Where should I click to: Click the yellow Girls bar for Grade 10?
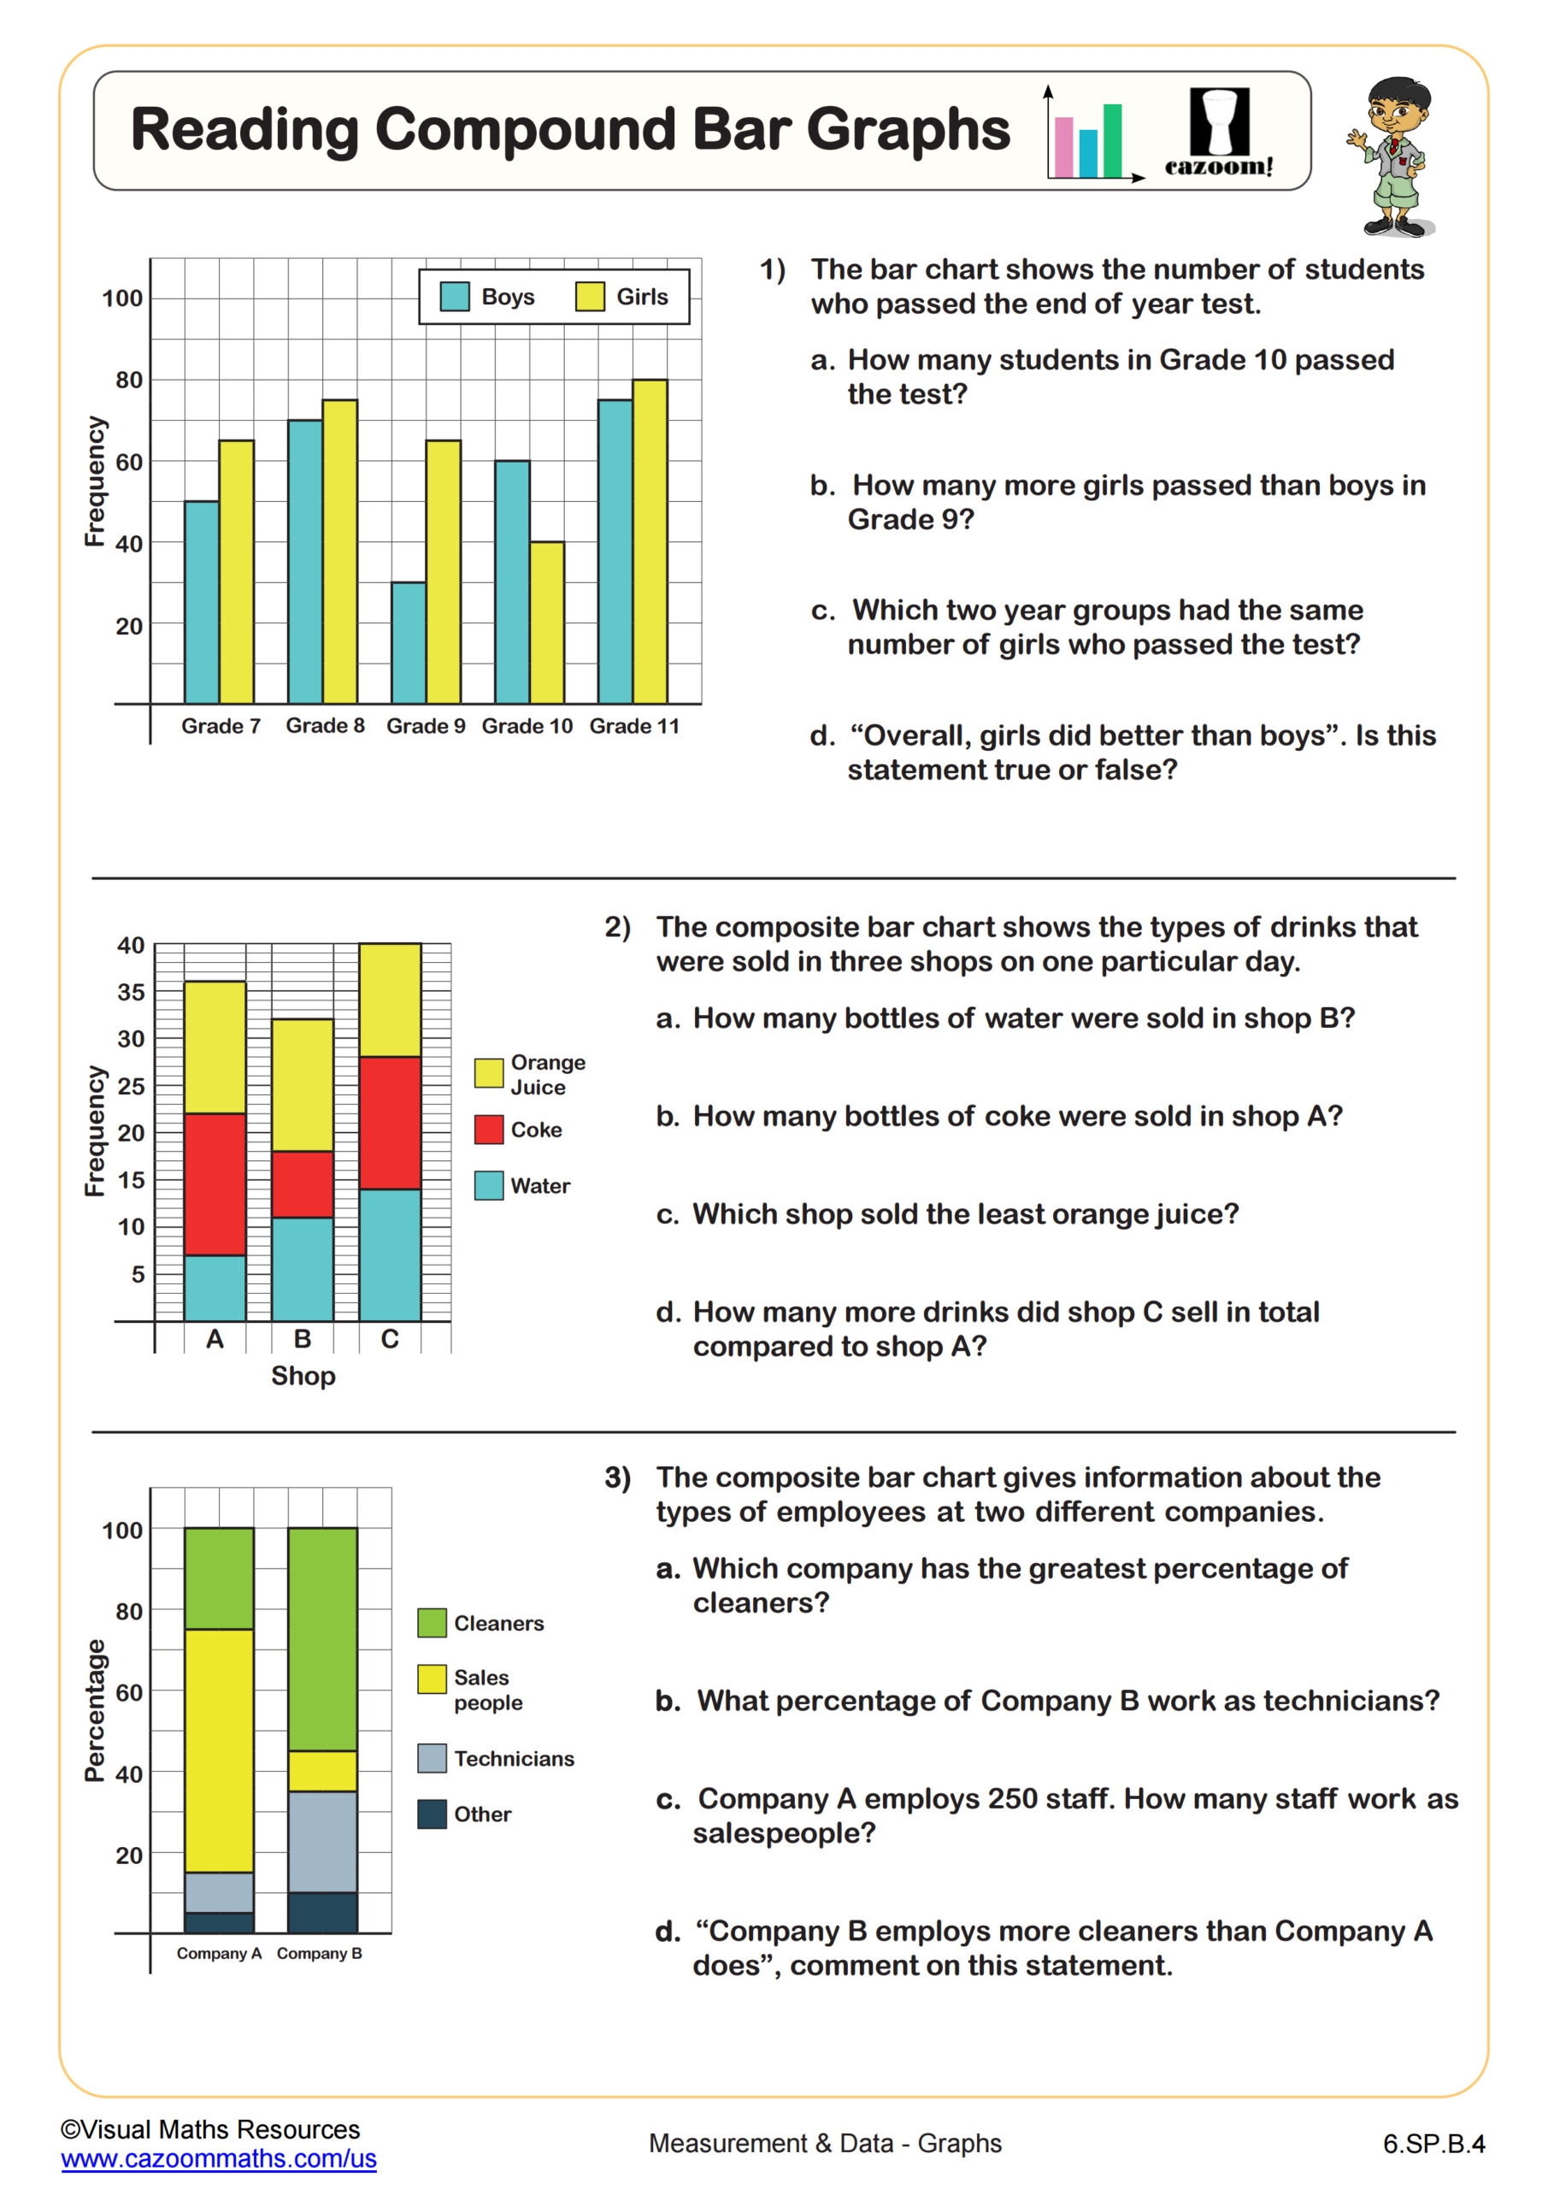[546, 622]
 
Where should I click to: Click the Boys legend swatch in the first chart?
[455, 297]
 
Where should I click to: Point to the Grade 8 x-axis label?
[325, 726]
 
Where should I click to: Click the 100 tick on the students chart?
[122, 298]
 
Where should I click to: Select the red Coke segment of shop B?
[303, 1184]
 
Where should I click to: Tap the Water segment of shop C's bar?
[390, 1254]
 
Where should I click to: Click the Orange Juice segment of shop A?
[215, 1047]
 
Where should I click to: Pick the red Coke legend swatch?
[489, 1130]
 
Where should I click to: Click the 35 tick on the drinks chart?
[131, 992]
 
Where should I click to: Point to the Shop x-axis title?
[303, 1376]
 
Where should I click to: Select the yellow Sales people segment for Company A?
[219, 1750]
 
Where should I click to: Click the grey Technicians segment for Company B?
[322, 1841]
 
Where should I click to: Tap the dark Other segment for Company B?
[322, 1913]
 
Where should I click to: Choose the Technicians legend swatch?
[432, 1758]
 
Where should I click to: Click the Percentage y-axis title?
[93, 1710]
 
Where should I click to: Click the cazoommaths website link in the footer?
[218, 2158]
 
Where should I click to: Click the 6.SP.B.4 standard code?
[1433, 2145]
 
